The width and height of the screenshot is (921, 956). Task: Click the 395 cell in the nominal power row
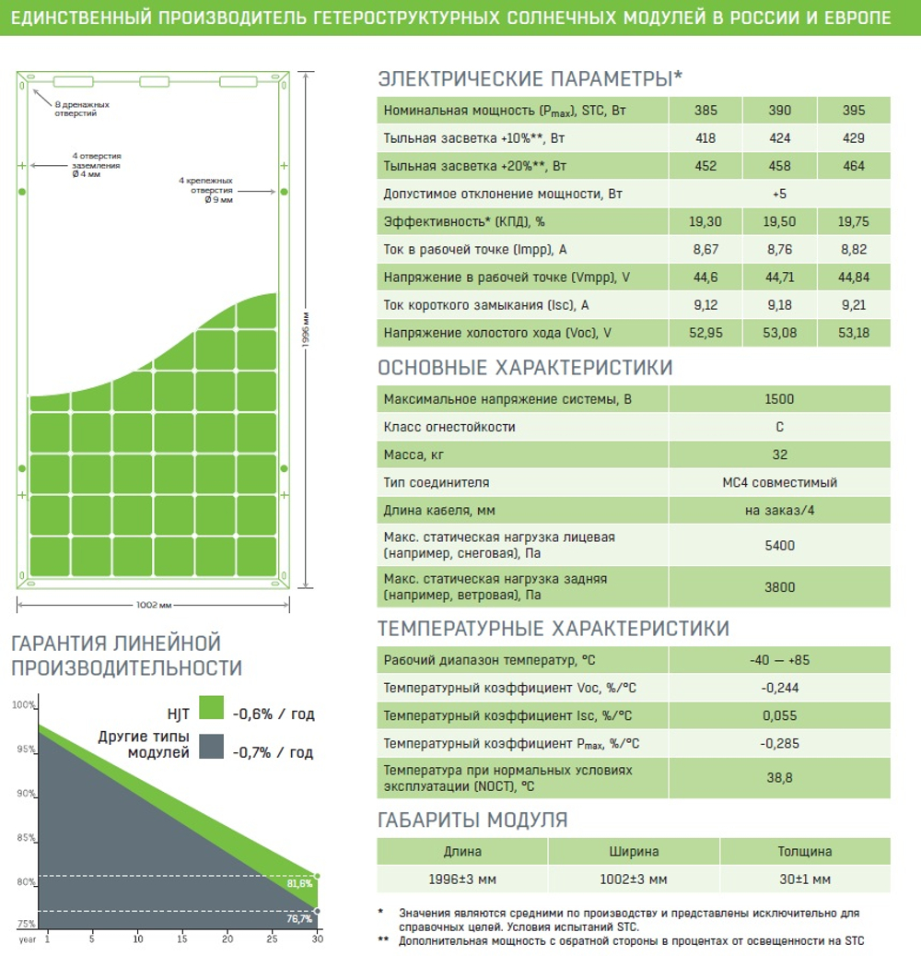tap(854, 111)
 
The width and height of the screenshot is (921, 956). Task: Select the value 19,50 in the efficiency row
tap(779, 221)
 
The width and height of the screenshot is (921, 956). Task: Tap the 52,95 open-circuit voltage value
tap(705, 333)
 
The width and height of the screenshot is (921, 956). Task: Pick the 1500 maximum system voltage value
tap(779, 399)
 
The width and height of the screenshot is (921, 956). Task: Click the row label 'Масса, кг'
tap(414, 454)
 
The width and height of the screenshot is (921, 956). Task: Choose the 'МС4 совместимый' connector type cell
tap(780, 483)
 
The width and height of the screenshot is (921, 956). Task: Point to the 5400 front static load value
tap(780, 546)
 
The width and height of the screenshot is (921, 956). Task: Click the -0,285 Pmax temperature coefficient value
tap(780, 744)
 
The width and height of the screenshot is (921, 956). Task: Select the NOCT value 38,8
tap(780, 778)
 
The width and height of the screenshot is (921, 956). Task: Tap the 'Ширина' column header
tap(634, 852)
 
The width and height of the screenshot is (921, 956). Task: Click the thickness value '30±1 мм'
tap(805, 879)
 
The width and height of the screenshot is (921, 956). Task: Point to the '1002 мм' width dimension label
tap(154, 605)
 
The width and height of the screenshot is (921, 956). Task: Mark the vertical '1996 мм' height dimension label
tap(306, 330)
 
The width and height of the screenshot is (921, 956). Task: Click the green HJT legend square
tap(211, 708)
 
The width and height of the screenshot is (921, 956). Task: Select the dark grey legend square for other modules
tap(211, 746)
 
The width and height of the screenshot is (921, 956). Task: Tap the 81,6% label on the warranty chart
tap(299, 883)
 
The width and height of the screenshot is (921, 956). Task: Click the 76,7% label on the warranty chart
tap(299, 919)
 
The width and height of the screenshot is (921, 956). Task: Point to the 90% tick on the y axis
tap(26, 793)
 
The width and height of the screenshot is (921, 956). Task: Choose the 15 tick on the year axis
tap(182, 938)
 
